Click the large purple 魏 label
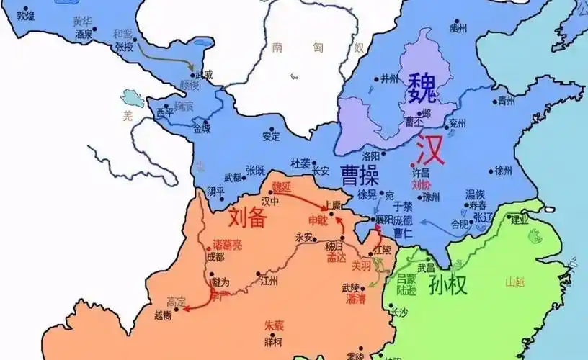tap(422, 88)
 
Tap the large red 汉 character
tap(425, 149)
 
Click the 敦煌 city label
tap(25, 14)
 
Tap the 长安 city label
tap(321, 171)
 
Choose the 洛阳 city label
tap(371, 156)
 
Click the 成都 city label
tap(215, 256)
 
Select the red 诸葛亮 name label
tap(228, 245)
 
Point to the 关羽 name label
tap(360, 265)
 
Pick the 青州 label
tap(507, 102)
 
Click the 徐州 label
tap(503, 171)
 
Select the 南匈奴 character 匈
tap(318, 48)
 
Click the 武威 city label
tap(204, 73)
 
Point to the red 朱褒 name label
tap(273, 325)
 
